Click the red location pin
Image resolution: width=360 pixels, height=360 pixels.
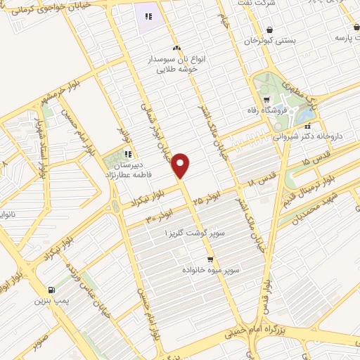tap(181, 165)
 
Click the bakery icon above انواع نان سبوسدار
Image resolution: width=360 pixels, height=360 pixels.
tap(176, 48)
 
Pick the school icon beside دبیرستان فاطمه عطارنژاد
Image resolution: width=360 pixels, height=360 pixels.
tap(127, 155)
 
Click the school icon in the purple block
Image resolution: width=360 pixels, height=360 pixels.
tap(148, 15)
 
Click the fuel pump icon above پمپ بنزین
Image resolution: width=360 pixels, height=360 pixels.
tap(51, 290)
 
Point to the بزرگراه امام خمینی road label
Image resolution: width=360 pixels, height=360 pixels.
tap(281, 326)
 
